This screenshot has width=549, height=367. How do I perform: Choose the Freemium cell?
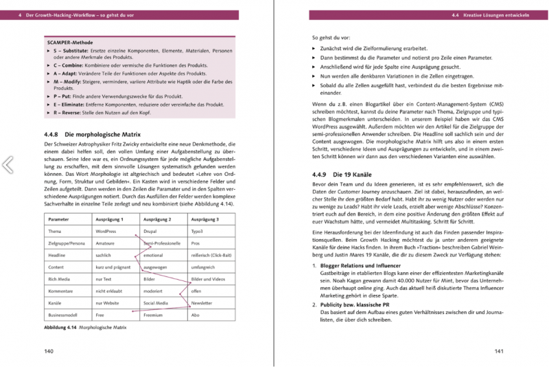153,313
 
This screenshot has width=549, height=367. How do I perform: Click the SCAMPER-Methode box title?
69,43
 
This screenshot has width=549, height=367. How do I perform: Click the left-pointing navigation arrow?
8,164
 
